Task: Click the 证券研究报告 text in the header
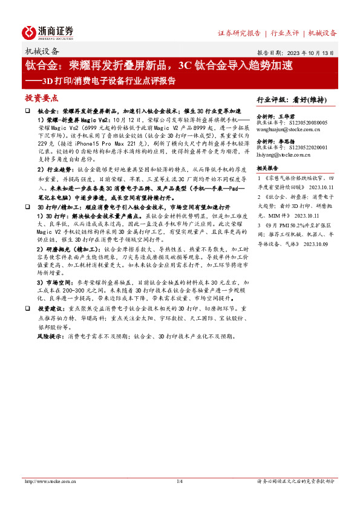click(x=239, y=33)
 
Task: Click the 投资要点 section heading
click(x=42, y=98)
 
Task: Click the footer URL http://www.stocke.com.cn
click(x=49, y=481)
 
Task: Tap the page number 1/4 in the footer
click(x=179, y=481)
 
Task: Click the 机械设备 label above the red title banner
click(x=42, y=51)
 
